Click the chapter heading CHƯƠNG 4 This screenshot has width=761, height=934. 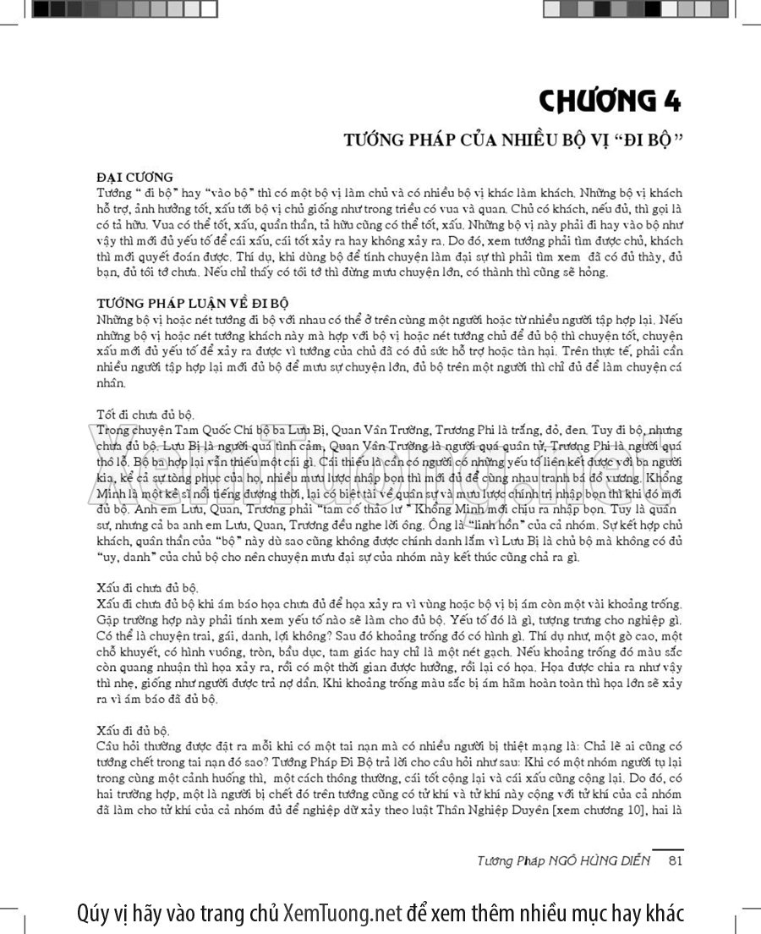coord(610,101)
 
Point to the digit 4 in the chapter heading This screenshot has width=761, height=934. coord(672,101)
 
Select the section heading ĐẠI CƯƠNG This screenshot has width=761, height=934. coord(134,177)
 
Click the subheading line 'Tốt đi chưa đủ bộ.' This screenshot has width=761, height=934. coord(145,415)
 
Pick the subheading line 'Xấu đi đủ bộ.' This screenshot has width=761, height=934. coord(134,728)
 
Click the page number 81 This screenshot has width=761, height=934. coord(675,861)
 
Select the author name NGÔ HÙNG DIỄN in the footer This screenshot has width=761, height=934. coord(601,861)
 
